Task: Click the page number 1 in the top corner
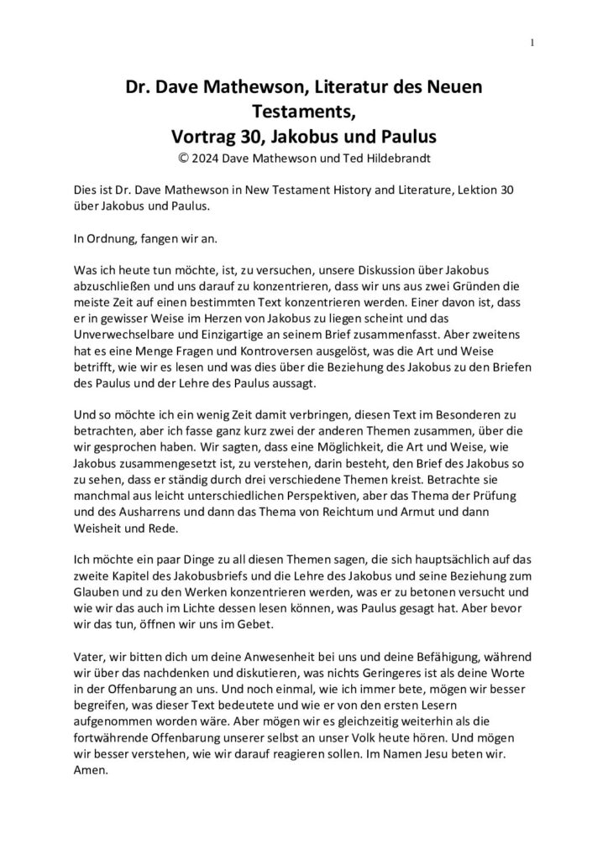pyautogui.click(x=533, y=44)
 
